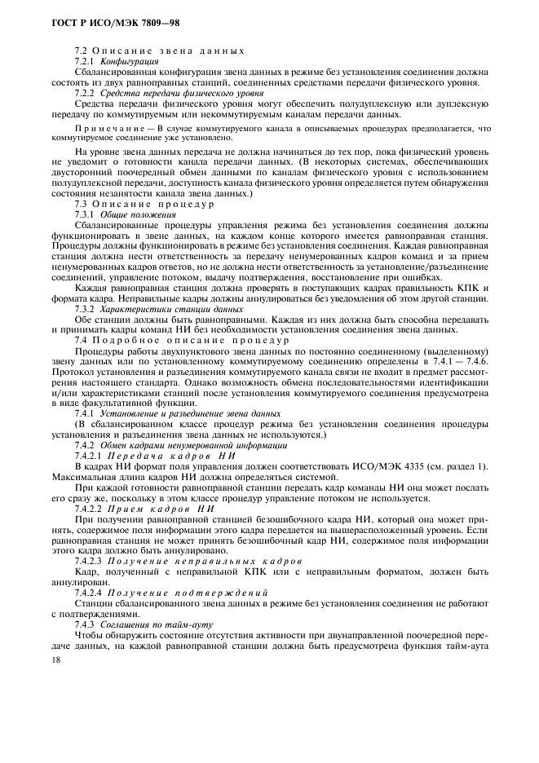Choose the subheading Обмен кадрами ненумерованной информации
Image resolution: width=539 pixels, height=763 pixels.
pos(193,446)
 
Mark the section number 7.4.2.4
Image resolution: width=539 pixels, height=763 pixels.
pos(89,593)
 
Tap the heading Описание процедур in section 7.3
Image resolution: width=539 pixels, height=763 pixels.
pos(154,204)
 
